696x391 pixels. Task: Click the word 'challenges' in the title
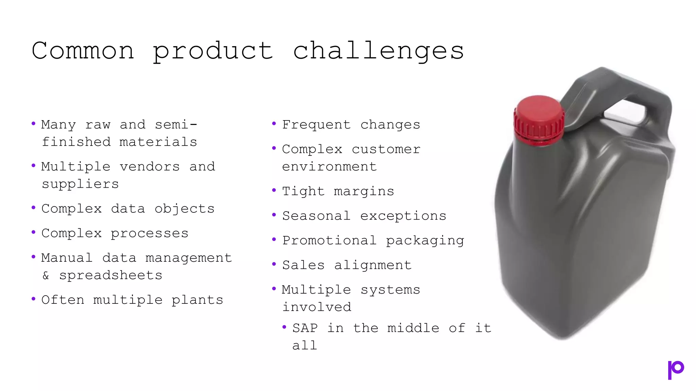378,51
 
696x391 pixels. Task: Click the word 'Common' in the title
83,51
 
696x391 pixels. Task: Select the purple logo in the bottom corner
676,370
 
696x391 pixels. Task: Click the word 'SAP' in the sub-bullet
305,328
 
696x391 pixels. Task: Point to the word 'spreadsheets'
111,275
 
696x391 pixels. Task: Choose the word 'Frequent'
316,125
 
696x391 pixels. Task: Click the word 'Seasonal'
316,216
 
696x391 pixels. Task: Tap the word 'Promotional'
329,240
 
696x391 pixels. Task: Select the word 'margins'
364,192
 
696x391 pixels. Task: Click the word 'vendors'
150,167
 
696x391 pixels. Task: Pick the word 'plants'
197,300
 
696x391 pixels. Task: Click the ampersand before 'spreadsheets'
46,275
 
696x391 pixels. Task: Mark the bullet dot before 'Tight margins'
274,190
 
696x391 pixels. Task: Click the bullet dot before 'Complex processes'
33,232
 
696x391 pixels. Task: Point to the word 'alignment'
373,265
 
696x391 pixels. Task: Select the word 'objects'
185,209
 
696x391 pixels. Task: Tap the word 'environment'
329,167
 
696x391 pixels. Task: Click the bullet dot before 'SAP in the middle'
284,327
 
